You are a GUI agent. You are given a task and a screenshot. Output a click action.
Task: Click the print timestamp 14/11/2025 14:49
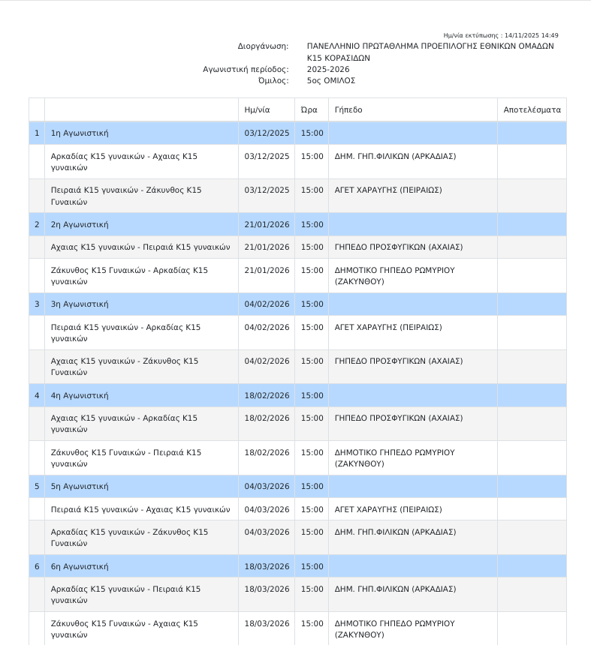click(531, 35)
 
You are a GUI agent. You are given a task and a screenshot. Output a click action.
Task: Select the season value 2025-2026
click(328, 69)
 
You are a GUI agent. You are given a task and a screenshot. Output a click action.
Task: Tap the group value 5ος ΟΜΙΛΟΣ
click(331, 80)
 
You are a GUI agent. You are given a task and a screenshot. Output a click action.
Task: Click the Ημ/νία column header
click(257, 109)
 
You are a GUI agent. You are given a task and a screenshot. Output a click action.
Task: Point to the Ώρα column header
click(309, 109)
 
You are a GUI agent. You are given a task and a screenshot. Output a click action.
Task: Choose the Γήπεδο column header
click(348, 109)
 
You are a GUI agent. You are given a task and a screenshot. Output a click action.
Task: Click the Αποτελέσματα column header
click(532, 109)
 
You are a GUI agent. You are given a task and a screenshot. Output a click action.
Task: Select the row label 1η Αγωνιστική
click(80, 133)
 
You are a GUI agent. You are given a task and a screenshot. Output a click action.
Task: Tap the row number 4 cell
click(37, 395)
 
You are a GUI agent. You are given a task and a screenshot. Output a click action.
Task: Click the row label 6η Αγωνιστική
click(80, 566)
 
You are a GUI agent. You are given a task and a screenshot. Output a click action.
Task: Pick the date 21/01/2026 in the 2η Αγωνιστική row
click(267, 224)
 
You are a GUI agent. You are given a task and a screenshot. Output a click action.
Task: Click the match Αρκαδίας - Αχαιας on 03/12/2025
click(124, 161)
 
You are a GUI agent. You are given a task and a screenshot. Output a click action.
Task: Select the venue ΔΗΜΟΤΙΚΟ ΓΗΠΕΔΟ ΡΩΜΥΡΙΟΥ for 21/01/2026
click(394, 275)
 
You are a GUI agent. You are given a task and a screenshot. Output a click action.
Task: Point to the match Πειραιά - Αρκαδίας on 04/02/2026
click(125, 332)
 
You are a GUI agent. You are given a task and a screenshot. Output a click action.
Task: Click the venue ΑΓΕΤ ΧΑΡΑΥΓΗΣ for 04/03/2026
click(387, 509)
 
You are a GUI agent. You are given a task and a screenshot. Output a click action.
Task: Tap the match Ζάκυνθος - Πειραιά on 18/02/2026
click(125, 457)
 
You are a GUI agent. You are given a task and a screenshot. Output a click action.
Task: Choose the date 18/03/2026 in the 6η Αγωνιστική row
click(267, 566)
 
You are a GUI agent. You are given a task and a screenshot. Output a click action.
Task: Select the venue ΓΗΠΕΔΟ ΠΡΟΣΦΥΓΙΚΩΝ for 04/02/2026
click(398, 361)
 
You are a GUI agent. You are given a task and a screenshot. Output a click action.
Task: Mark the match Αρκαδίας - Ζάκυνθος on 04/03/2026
click(129, 537)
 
